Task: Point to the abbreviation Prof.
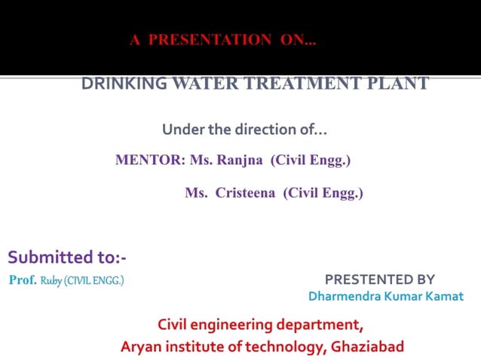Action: [23, 280]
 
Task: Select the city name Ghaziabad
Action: [366, 346]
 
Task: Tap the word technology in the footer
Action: [286, 346]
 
